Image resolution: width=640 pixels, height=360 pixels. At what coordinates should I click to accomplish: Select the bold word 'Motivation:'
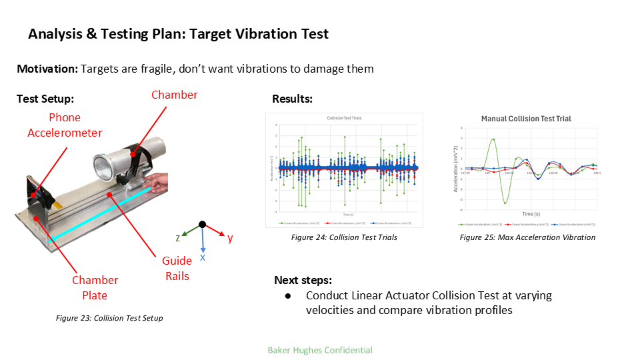[x=47, y=69]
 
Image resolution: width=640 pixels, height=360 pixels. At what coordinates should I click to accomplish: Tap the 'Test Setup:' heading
[x=45, y=99]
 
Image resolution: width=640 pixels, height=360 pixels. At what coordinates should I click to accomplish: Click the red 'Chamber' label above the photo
[x=174, y=95]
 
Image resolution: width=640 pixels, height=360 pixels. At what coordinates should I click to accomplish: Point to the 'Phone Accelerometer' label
[x=65, y=125]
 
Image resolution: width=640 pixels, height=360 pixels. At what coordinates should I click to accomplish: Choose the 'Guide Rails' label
[x=177, y=268]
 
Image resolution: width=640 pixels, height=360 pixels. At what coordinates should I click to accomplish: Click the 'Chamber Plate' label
[x=95, y=287]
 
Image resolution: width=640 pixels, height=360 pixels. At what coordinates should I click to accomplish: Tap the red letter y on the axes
[x=229, y=238]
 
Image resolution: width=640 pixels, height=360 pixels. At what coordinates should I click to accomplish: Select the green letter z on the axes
[x=179, y=237]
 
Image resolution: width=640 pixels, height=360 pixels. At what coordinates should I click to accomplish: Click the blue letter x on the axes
[x=203, y=257]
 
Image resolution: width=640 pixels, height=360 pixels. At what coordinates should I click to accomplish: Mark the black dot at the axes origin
[x=203, y=225]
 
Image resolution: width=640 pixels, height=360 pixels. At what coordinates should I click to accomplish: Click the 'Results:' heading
[x=292, y=99]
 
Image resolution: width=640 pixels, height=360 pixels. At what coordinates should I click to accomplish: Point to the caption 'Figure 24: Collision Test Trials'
[x=344, y=237]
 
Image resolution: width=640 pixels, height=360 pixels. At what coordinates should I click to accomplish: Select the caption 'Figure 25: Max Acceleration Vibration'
[x=527, y=237]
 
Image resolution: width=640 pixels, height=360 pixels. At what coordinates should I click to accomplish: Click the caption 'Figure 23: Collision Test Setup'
[x=109, y=318]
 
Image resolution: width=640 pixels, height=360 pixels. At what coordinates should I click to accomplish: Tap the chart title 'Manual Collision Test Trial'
[x=526, y=119]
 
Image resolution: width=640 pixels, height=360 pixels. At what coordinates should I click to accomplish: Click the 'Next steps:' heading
[x=303, y=280]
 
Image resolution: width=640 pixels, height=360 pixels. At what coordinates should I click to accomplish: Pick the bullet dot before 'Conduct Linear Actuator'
[x=287, y=295]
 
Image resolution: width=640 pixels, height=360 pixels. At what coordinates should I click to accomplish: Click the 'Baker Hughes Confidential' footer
[x=320, y=350]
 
